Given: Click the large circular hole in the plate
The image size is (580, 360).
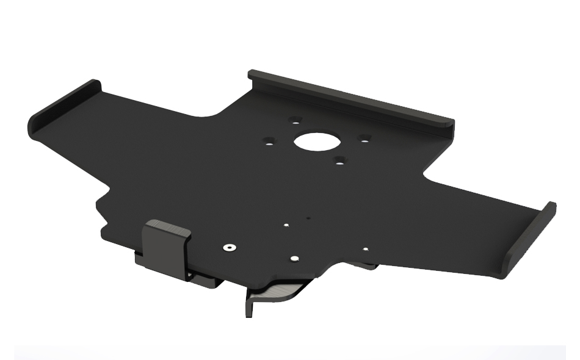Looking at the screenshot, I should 316,142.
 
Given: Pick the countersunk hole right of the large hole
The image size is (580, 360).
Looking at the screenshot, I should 364,139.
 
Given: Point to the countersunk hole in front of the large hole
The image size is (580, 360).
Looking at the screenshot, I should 339,161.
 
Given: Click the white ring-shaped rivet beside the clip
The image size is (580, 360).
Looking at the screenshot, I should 230,248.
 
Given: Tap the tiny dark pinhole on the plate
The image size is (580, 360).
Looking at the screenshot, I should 309,216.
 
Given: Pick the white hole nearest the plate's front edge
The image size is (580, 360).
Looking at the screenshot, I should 294,259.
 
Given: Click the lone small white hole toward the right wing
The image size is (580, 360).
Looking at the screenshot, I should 365,249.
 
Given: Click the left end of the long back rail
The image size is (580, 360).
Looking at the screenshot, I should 252,76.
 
